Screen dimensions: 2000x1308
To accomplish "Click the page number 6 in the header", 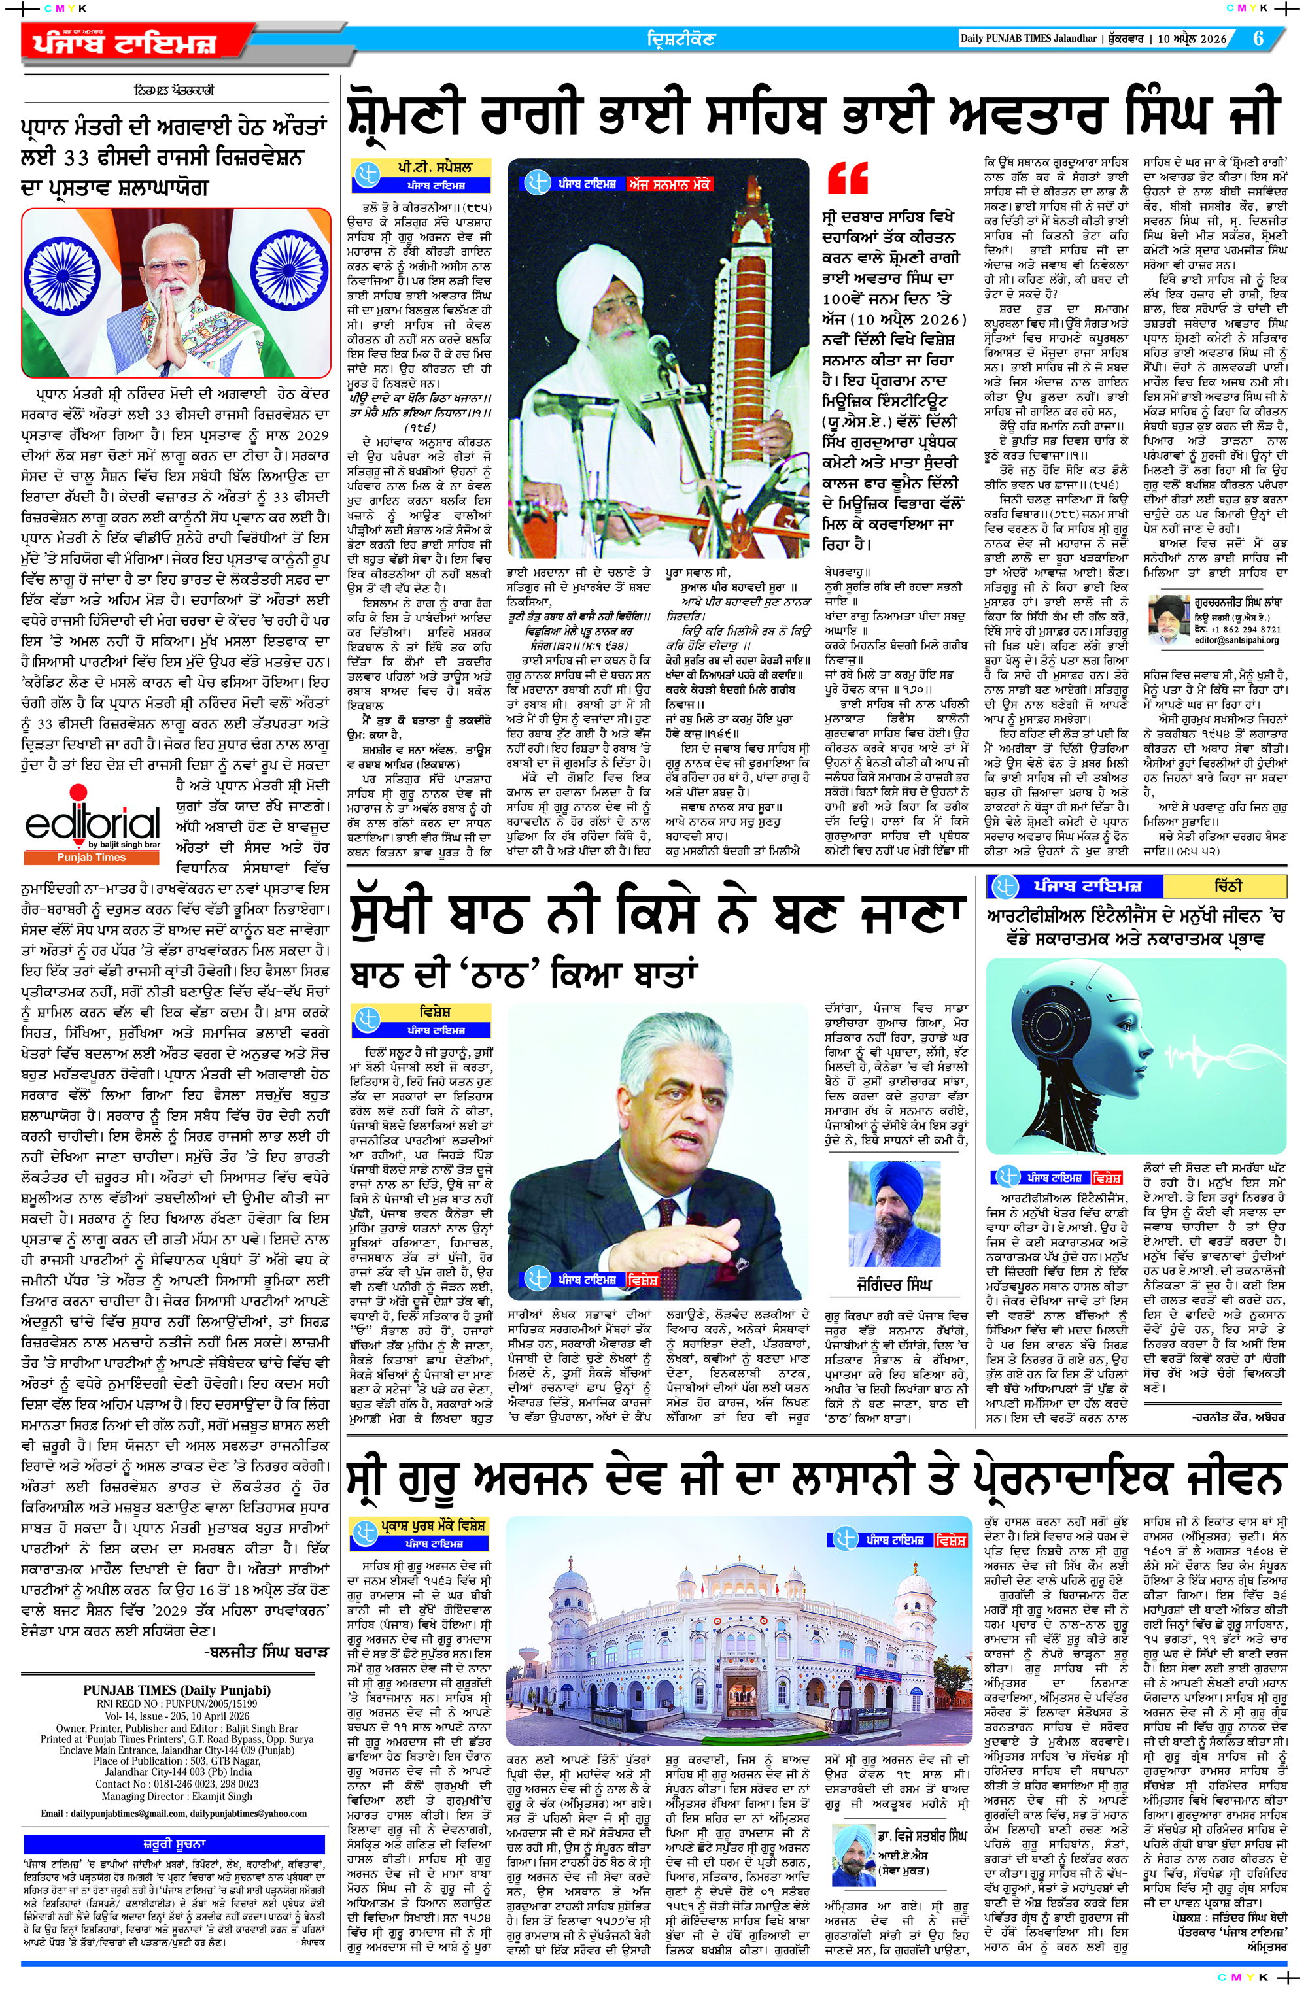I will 1258,39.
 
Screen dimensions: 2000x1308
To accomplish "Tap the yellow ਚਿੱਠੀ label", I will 1228,886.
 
